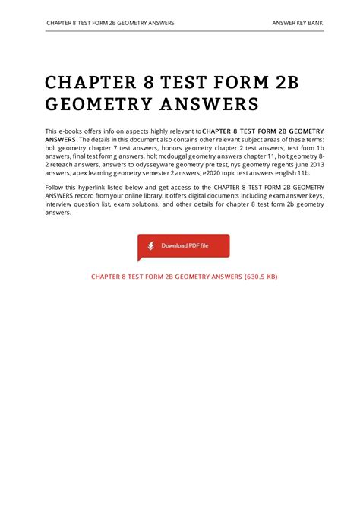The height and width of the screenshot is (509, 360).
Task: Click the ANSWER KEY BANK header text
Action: click(298, 23)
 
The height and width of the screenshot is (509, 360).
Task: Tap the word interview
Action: click(60, 204)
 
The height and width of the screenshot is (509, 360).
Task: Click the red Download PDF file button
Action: click(183, 246)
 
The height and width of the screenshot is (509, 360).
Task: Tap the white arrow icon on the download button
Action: click(151, 246)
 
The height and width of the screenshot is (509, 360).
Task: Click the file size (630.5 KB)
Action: click(255, 277)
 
